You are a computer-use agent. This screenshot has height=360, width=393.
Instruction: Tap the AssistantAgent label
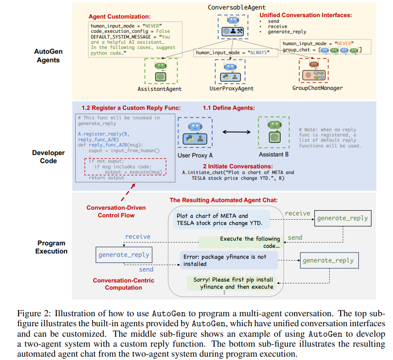159,88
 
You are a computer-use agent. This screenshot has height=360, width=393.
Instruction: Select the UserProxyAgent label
231,88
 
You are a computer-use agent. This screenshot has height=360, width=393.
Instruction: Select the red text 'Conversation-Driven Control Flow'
116,211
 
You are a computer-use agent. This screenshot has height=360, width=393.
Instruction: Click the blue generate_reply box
124,254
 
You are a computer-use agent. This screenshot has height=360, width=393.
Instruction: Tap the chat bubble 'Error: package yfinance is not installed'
229,260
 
